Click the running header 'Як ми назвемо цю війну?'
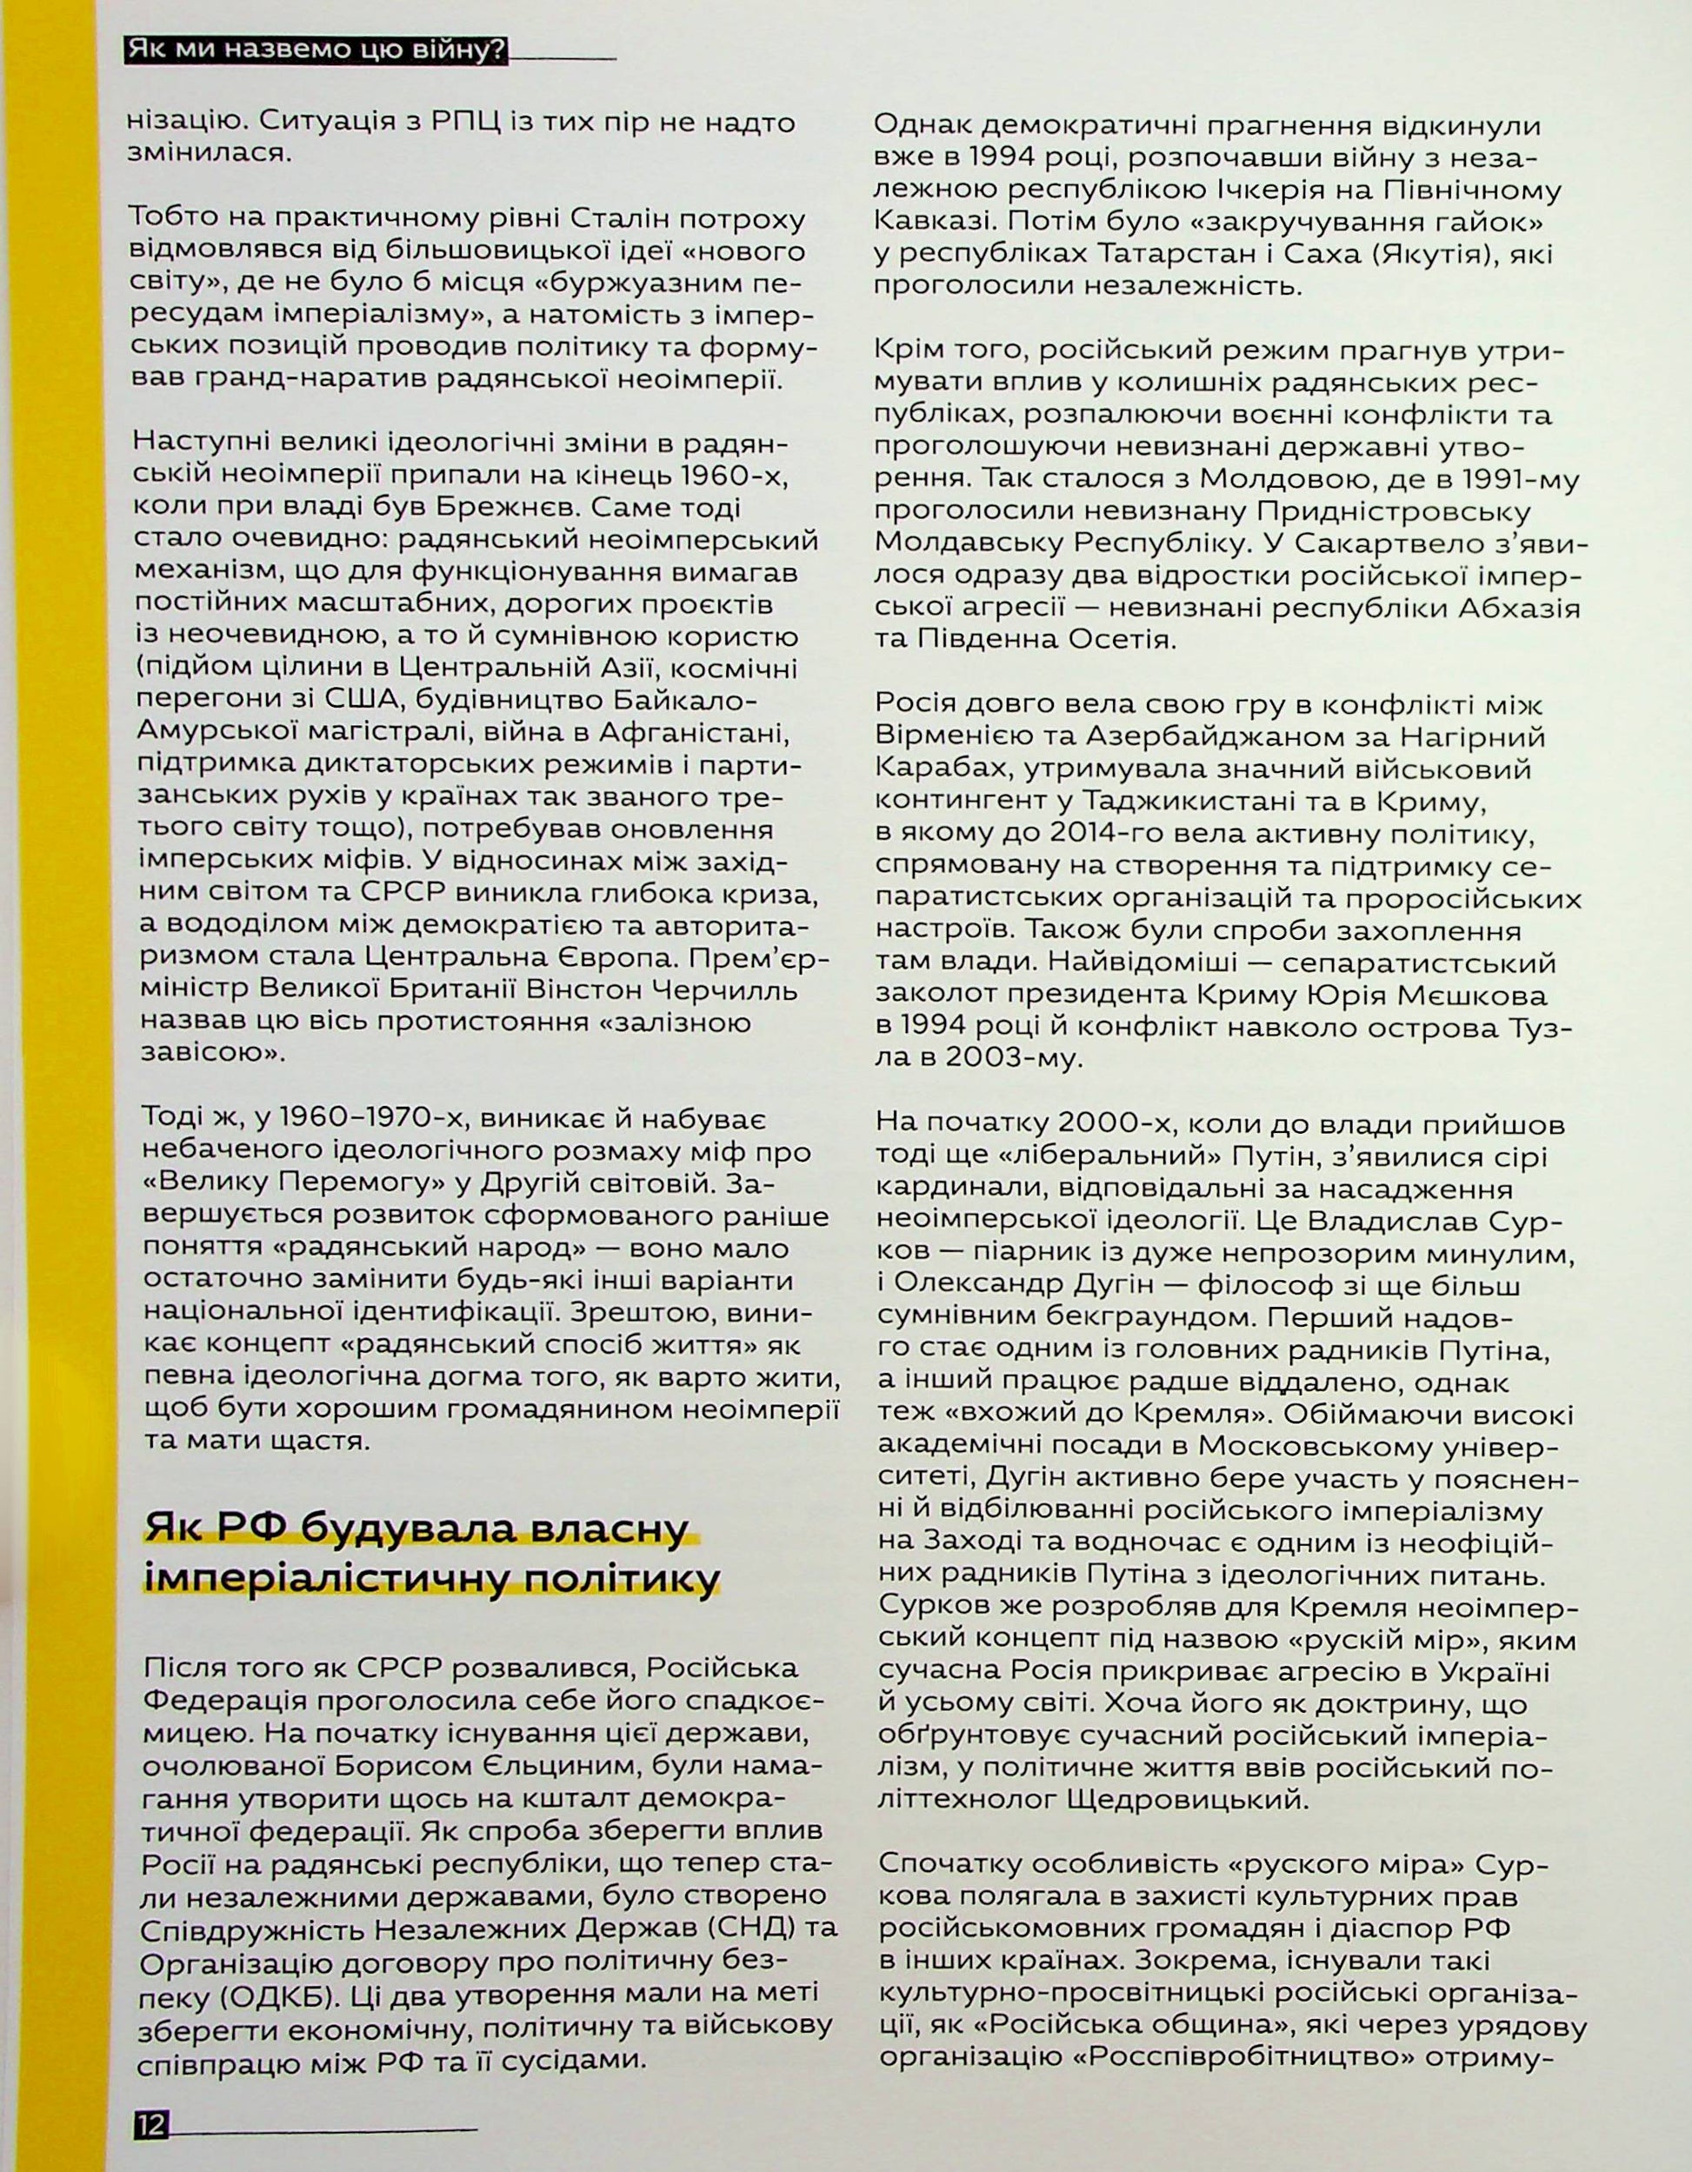point(316,50)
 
